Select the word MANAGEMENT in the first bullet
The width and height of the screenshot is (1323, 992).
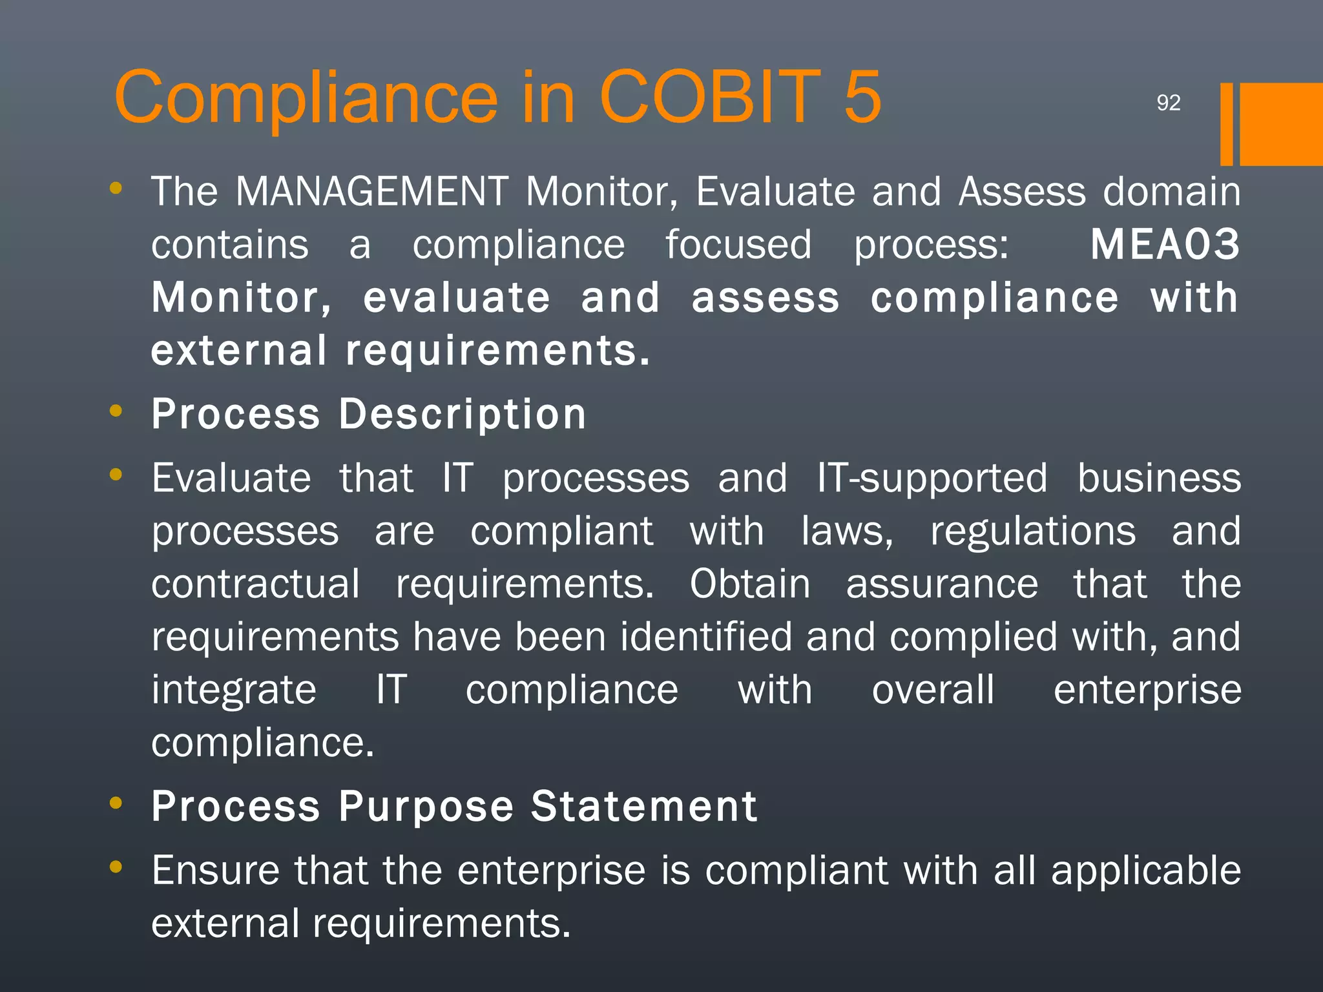372,192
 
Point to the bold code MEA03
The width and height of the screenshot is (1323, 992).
1165,245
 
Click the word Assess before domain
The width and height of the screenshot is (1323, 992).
1022,192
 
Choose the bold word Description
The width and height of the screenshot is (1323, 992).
463,414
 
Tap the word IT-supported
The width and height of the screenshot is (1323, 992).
932,479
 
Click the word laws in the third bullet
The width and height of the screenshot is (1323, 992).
846,532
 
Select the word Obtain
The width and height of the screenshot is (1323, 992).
749,584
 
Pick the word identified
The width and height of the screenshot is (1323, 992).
706,637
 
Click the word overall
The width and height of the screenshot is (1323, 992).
933,690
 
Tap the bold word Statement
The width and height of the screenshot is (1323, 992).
644,807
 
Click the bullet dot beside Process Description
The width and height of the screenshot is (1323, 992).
116,411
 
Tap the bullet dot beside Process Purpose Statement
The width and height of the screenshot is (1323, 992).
116,803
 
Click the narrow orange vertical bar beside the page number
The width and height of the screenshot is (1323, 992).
1226,124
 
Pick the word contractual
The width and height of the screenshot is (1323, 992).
256,584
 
